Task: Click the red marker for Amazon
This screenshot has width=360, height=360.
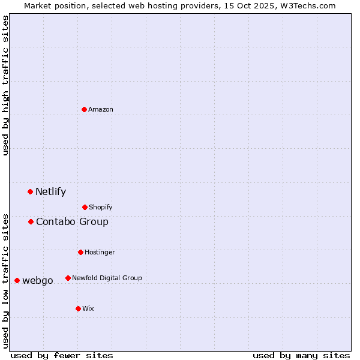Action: coord(84,109)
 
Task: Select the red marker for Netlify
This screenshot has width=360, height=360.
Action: coord(30,191)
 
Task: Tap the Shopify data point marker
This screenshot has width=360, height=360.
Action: coord(85,207)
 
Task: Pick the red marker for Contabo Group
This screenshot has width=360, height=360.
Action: coord(31,221)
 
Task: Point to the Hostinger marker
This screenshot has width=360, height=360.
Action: coord(80,252)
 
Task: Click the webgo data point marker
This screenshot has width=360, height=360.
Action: coord(17,280)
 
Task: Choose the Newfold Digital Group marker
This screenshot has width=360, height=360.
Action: coord(68,278)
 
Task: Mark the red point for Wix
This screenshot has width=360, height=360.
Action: coord(78,308)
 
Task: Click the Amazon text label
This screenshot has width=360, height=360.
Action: coord(101,109)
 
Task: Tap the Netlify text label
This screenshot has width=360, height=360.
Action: coord(50,192)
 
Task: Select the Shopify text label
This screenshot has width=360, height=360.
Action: coord(101,207)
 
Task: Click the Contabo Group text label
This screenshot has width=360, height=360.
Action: coord(72,222)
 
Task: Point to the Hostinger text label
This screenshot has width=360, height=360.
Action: coord(100,252)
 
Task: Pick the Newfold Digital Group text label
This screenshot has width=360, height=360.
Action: coord(107,278)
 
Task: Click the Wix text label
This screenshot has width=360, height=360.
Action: coord(88,308)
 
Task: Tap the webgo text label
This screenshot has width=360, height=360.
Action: coord(38,281)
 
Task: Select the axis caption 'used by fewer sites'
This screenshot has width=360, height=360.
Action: coord(62,355)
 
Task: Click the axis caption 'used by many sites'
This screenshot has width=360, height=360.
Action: coord(301,355)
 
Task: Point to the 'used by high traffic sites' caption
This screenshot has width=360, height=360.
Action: coord(5,85)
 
